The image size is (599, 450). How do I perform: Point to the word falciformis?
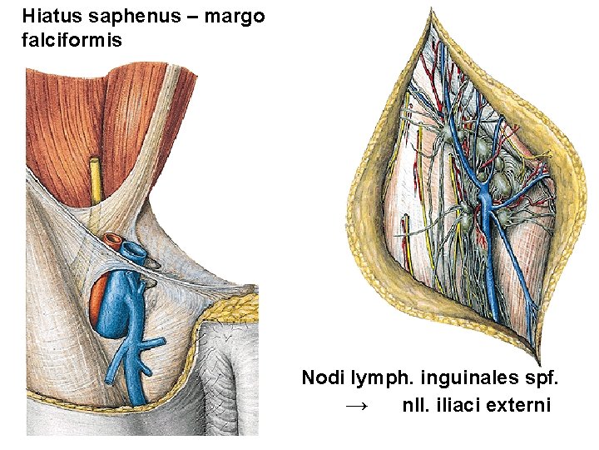point(72,39)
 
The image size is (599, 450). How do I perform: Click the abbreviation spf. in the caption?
point(541,378)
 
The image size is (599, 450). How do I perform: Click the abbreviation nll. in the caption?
point(417,405)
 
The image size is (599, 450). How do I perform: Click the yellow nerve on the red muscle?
point(97,179)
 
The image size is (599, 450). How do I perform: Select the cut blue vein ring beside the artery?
point(133,249)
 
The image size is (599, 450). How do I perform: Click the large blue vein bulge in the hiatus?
point(123,304)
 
